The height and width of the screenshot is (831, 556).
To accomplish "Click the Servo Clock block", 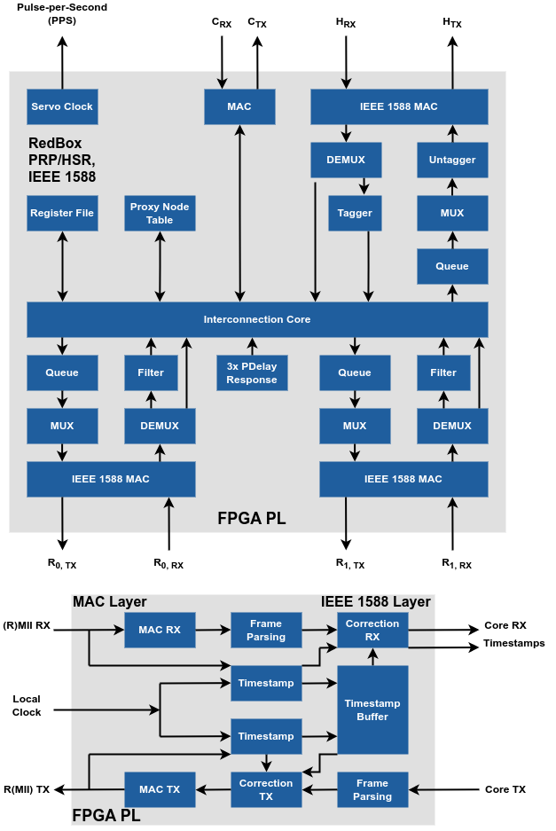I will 62,106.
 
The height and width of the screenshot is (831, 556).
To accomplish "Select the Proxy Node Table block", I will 160,213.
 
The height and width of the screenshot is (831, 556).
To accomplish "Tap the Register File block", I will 62,213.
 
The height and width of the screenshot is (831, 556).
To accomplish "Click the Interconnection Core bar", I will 257,319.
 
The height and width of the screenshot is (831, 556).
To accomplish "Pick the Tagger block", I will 355,213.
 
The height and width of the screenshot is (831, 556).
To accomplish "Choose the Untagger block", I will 452,160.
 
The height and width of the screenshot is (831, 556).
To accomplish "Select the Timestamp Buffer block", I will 372,709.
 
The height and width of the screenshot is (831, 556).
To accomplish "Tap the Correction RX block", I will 372,630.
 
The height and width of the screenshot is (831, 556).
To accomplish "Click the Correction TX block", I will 266,789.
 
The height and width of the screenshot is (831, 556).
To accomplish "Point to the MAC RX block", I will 160,630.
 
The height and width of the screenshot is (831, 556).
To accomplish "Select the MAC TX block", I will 160,789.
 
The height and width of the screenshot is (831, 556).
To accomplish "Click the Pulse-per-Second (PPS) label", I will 61,13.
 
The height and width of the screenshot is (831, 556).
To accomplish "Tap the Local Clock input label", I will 27,705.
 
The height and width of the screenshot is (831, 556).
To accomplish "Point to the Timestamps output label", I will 513,643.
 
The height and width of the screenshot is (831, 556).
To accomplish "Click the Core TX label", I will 506,789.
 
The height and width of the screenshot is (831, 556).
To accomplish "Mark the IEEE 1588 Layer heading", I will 375,602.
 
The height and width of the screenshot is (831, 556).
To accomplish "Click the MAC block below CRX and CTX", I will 239,106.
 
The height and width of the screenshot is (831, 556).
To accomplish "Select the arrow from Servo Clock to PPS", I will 62,62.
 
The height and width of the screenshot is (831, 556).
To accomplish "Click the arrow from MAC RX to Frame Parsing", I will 213,630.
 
